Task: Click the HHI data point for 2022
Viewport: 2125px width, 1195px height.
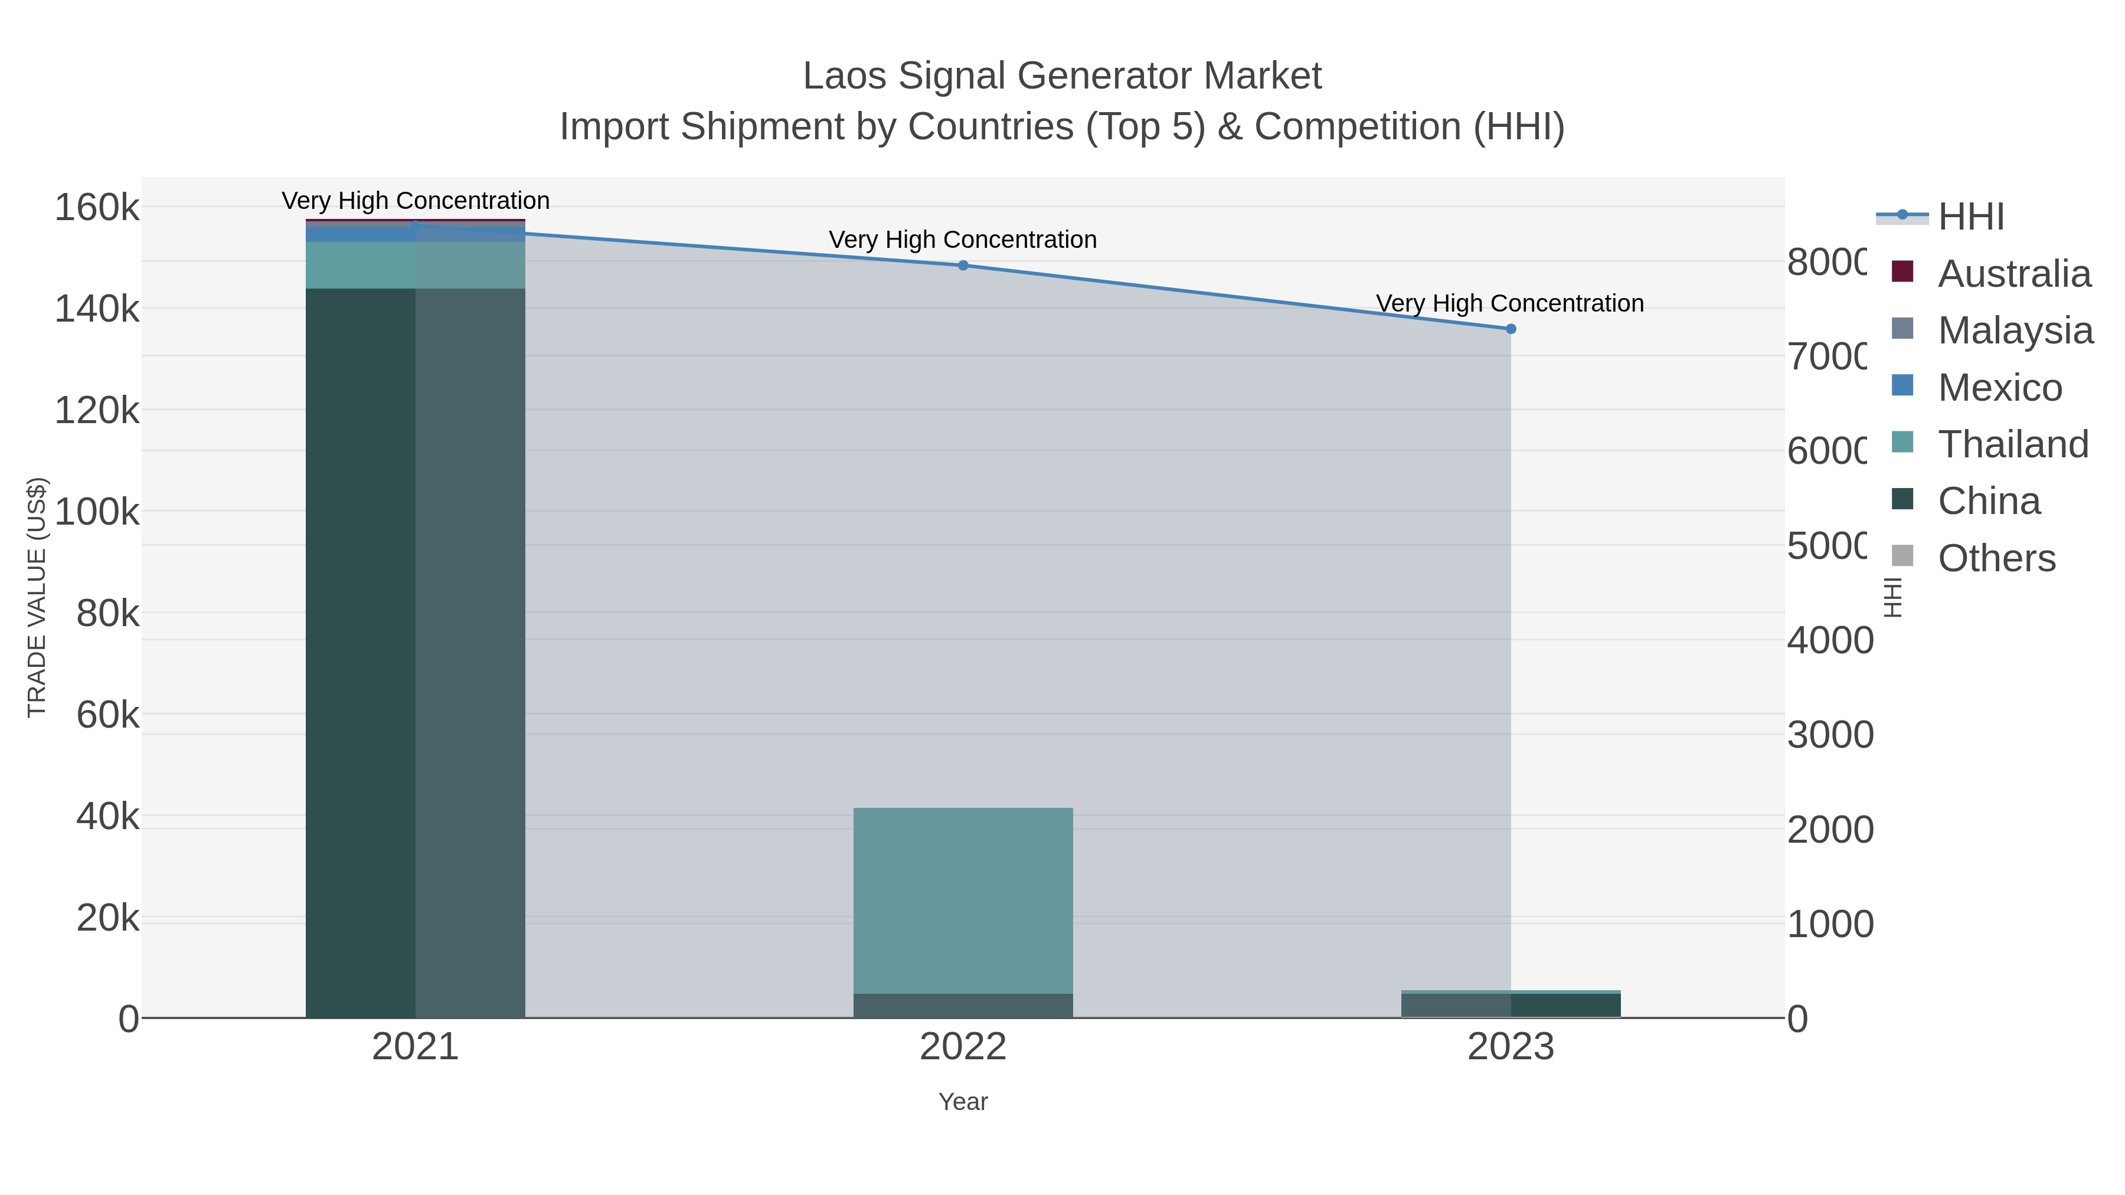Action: (x=963, y=266)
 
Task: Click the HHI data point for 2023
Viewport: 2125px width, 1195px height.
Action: (x=1511, y=329)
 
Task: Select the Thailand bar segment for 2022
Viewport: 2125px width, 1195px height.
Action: (x=963, y=901)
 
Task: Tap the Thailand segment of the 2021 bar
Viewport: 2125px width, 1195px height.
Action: (x=415, y=265)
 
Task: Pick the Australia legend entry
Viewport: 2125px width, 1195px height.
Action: (x=2013, y=274)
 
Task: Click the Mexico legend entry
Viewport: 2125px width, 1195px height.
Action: (x=2000, y=388)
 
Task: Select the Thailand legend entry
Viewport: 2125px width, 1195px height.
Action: (x=2013, y=444)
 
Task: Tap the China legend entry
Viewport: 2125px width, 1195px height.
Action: (x=1988, y=502)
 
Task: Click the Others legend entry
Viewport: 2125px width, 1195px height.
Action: (x=1996, y=558)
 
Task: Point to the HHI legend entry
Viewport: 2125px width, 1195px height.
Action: (x=1971, y=217)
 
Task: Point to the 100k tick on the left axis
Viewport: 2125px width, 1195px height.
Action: (x=97, y=512)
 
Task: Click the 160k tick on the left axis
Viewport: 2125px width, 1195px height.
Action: (x=97, y=207)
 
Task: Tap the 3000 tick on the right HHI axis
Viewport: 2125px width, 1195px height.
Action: (x=1830, y=735)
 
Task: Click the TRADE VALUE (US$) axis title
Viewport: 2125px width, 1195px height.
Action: (x=37, y=597)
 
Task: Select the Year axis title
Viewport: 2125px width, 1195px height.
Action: (x=963, y=1102)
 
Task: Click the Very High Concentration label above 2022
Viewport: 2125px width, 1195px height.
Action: (x=963, y=240)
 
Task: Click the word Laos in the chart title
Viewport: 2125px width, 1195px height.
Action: (x=844, y=76)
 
